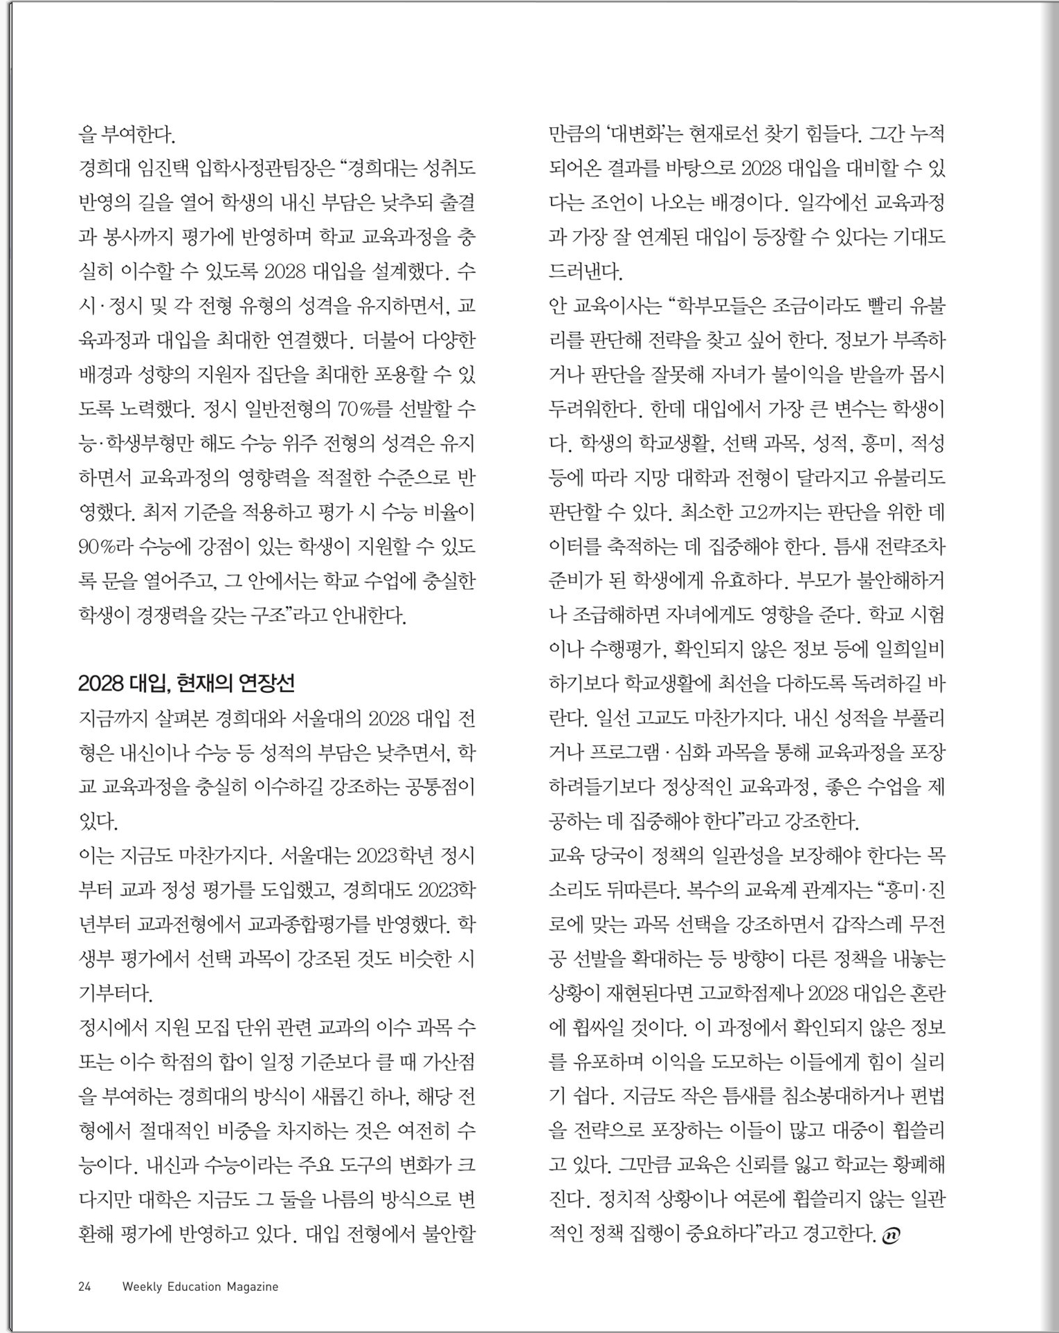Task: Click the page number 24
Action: (x=85, y=1287)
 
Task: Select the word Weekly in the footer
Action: (x=142, y=1287)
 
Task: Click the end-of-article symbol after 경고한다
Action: (x=891, y=1233)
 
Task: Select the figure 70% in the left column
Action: (x=356, y=409)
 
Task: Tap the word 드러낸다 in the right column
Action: (x=586, y=271)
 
